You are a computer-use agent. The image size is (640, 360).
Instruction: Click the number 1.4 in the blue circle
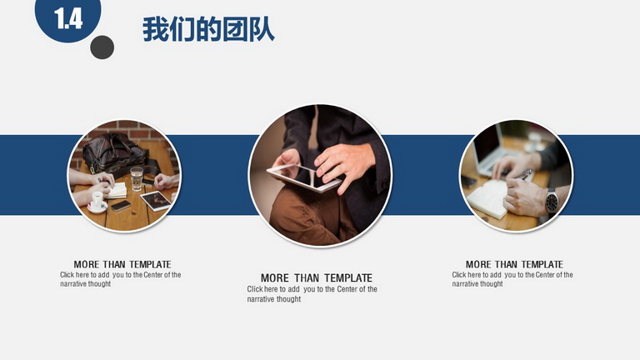coord(68,19)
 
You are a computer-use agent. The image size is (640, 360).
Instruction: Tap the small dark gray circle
coord(102,47)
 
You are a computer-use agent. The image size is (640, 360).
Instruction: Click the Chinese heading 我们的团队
coord(208,29)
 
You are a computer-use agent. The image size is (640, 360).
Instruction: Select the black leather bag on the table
coord(115,153)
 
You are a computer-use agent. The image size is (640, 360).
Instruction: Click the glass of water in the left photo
coord(137,178)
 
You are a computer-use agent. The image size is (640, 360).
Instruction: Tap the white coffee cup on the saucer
coord(97,201)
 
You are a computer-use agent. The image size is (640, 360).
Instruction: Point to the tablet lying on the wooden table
coord(156,201)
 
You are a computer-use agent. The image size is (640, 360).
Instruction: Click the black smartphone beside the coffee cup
coord(121,206)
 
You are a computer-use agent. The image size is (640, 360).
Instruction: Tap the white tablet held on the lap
coord(304,177)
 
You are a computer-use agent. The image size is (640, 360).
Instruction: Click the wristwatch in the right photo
coord(552,201)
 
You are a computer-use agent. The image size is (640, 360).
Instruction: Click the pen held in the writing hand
coord(527,174)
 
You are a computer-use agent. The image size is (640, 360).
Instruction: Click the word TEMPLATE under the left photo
coord(150,264)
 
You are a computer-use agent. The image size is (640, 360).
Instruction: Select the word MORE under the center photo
coord(275,278)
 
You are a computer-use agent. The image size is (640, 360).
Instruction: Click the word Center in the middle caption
coord(347,289)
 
